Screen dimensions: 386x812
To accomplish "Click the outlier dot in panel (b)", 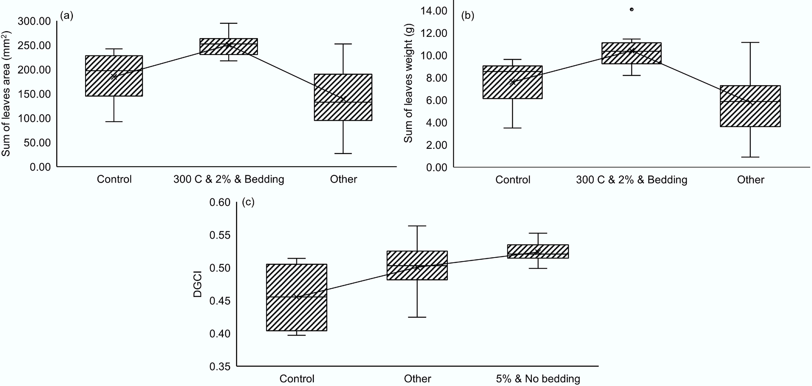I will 631,9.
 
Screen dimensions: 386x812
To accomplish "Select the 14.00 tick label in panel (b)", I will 433,11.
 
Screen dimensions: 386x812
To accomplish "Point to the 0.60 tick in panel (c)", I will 220,202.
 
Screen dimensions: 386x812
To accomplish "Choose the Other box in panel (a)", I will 343,97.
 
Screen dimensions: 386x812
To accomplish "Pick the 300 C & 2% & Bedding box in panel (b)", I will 631,53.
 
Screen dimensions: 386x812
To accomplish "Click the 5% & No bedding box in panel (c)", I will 538,252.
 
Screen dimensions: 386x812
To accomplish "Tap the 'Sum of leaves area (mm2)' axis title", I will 6,94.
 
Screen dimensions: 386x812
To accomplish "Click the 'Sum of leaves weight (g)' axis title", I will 408,83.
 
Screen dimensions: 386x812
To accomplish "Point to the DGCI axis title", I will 198,286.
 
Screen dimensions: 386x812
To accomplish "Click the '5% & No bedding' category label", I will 538,378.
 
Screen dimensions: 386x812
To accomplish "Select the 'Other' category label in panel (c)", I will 417,378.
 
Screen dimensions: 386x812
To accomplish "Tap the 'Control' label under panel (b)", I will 513,180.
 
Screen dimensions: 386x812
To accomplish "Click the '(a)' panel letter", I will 67,15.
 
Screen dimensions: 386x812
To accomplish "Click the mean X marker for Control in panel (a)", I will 114,76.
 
